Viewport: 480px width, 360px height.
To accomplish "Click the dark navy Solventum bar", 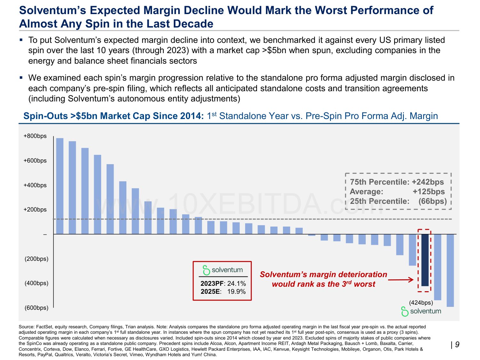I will tap(425, 260).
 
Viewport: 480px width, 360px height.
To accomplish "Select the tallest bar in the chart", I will tap(60, 186).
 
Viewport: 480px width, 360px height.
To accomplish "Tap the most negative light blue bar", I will tap(450, 270).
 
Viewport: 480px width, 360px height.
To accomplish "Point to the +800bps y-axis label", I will tap(35, 136).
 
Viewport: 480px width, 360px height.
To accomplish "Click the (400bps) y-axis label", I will tap(36, 283).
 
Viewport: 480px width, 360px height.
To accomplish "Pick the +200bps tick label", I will tap(35, 210).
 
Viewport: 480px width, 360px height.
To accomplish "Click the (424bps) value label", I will tap(421, 303).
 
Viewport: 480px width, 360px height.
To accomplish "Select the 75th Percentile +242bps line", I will tap(397, 182).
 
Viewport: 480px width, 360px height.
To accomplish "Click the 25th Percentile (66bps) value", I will tap(432, 201).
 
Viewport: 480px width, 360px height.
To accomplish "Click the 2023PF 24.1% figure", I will tap(223, 284).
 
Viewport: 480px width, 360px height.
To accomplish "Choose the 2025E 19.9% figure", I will tap(223, 292).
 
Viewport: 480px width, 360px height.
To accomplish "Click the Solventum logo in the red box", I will tap(223, 270).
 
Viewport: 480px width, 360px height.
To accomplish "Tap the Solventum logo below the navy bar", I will tap(421, 311).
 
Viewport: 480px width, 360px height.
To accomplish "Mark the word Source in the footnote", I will tap(27, 327).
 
